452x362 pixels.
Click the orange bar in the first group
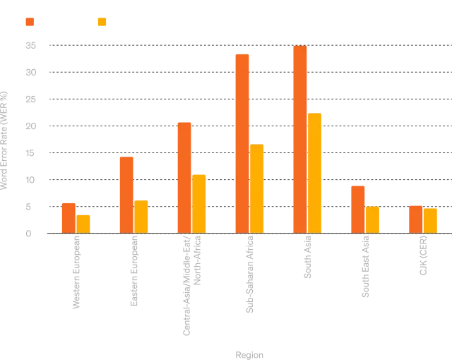point(69,217)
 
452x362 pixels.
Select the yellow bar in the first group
point(83,224)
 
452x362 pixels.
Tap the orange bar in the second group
point(126,194)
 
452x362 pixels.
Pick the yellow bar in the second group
point(141,216)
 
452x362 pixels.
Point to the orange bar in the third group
point(184,177)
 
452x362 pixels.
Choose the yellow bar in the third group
point(199,203)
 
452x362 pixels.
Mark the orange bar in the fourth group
point(242,143)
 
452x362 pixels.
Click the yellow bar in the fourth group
point(257,188)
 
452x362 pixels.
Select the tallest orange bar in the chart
point(300,139)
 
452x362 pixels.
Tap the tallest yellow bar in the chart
point(315,173)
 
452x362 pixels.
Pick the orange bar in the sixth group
point(358,209)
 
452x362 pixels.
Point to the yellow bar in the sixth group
point(373,219)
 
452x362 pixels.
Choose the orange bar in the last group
point(415,219)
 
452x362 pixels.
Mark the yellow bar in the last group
point(430,220)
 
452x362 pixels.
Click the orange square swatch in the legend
point(28,23)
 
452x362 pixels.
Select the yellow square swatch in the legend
point(102,23)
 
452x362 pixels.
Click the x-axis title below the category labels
point(249,355)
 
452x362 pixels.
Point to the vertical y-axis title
point(6,141)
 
